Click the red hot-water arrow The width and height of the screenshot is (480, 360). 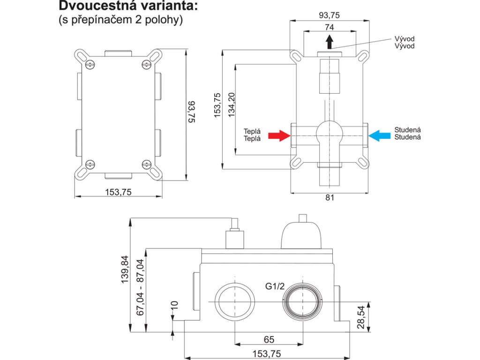point(279,136)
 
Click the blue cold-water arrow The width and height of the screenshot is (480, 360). point(380,136)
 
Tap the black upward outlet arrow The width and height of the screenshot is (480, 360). point(330,42)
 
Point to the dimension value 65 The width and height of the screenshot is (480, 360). point(269,339)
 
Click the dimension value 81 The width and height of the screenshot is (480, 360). point(330,198)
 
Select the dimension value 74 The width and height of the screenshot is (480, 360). point(330,28)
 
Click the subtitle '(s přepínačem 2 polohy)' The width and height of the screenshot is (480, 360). point(120,21)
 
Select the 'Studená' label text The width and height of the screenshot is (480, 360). point(407,134)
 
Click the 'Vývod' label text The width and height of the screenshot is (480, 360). point(405,43)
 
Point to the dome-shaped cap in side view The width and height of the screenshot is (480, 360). point(302,234)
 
